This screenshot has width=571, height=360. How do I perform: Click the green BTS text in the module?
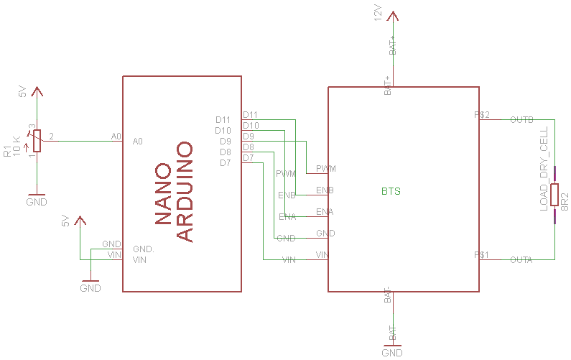click(391, 192)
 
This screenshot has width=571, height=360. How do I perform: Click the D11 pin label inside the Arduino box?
click(223, 120)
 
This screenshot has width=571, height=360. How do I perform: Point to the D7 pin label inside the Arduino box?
click(226, 163)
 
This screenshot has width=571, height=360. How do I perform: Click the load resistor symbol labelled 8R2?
click(554, 195)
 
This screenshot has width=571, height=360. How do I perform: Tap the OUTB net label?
click(521, 119)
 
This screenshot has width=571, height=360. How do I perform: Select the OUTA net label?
click(521, 259)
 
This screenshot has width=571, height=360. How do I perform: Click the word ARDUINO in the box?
click(185, 192)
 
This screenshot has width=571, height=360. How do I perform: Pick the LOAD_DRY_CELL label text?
click(544, 168)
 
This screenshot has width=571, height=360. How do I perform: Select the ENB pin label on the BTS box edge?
click(325, 190)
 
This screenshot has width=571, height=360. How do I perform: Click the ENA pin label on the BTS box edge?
click(325, 212)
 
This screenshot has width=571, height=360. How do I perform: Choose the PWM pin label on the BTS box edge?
click(326, 169)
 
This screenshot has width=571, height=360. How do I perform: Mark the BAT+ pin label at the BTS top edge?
click(388, 85)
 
